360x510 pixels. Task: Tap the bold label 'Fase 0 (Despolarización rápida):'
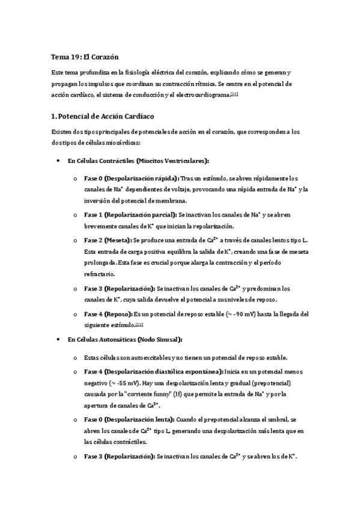pyautogui.click(x=131, y=178)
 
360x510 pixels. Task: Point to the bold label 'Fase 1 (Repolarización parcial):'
pyautogui.click(x=130, y=215)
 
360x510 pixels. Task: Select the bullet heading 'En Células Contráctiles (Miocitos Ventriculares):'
pyautogui.click(x=138, y=161)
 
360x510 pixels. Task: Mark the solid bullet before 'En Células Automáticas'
pyautogui.click(x=56, y=339)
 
